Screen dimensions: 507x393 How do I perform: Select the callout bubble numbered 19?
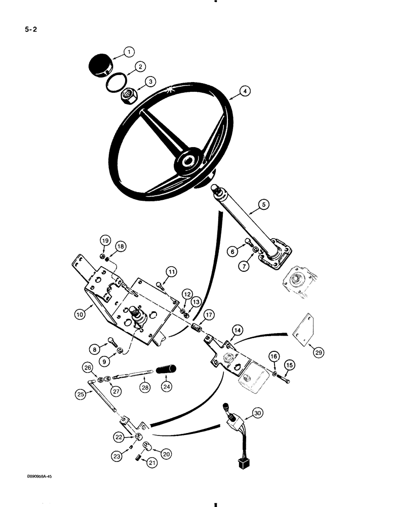point(104,240)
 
